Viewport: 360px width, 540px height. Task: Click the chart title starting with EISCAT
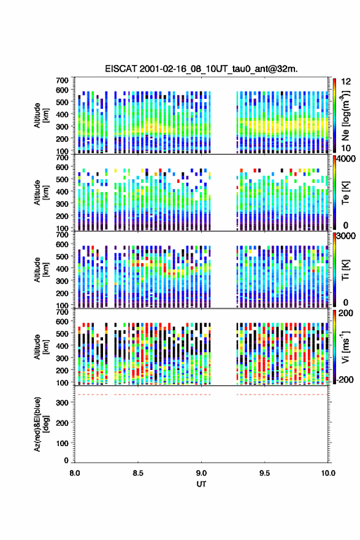201,69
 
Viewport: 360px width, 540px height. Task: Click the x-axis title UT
201,484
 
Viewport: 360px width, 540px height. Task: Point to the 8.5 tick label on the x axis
138,473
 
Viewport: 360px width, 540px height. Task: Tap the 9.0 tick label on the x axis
201,473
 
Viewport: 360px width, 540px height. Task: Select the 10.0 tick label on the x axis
327,473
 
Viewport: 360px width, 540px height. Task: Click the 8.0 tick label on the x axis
75,473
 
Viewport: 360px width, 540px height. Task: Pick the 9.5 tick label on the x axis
265,473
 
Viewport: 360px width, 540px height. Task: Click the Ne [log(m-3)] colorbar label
345,116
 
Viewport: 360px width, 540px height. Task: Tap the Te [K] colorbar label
345,193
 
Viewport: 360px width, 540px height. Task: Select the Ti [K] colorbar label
345,270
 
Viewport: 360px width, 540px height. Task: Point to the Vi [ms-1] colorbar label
345,347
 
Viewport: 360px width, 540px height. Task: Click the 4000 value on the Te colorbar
345,160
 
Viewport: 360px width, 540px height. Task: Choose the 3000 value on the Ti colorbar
345,236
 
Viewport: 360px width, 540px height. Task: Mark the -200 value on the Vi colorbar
344,379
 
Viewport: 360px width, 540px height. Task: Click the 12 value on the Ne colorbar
346,82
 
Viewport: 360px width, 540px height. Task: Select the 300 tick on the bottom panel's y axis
63,403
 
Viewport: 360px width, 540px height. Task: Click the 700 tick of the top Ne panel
63,80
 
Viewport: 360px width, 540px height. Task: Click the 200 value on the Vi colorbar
345,313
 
